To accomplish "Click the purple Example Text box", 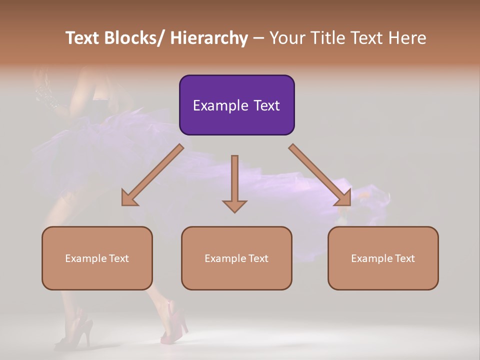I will (x=236, y=105).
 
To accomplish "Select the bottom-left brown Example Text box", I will (x=97, y=258).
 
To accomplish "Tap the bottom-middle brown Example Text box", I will (x=236, y=258).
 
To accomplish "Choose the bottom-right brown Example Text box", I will (x=383, y=258).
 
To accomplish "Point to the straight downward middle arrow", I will (x=234, y=183).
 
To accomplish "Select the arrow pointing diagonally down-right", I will (x=320, y=175).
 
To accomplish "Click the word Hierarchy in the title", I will (x=209, y=38).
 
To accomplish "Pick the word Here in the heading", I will (x=407, y=38).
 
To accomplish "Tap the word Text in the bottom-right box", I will (x=404, y=258).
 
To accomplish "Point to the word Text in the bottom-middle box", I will (x=258, y=258).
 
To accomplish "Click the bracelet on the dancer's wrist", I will (x=47, y=96).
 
